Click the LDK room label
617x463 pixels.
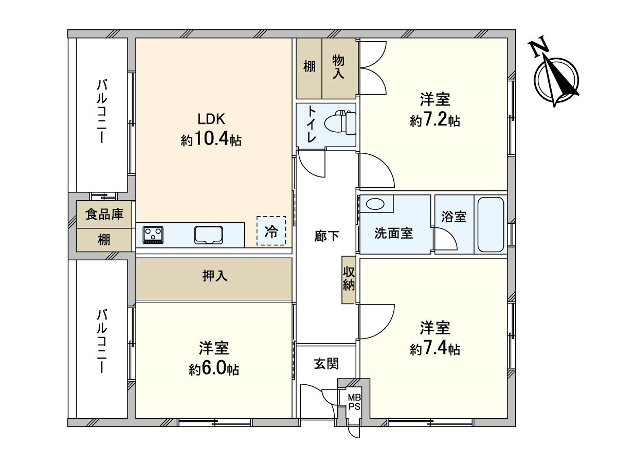211,119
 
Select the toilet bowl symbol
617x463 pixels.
339,122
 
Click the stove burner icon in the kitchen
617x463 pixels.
153,235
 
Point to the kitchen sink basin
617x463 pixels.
208,235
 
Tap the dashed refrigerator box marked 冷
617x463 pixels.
271,230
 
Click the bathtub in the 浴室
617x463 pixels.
491,225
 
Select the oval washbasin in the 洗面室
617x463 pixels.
375,204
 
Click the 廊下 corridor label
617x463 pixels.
326,236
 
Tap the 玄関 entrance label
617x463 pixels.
326,364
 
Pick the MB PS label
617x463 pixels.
354,402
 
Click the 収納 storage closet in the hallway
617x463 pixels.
349,280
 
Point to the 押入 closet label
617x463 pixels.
214,276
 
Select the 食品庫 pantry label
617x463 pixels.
104,215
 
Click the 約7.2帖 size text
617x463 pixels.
435,121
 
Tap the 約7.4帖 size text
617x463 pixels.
435,349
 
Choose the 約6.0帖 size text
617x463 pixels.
214,369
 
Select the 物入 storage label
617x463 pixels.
338,67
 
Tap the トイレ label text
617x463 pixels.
312,123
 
